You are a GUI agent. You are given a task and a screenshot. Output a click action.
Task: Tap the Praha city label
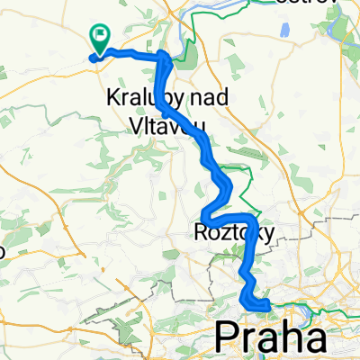(270, 337)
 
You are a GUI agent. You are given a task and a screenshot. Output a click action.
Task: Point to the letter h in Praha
(281, 337)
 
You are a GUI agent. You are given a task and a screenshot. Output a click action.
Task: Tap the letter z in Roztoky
(223, 233)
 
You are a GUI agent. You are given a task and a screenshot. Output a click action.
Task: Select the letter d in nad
(210, 96)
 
